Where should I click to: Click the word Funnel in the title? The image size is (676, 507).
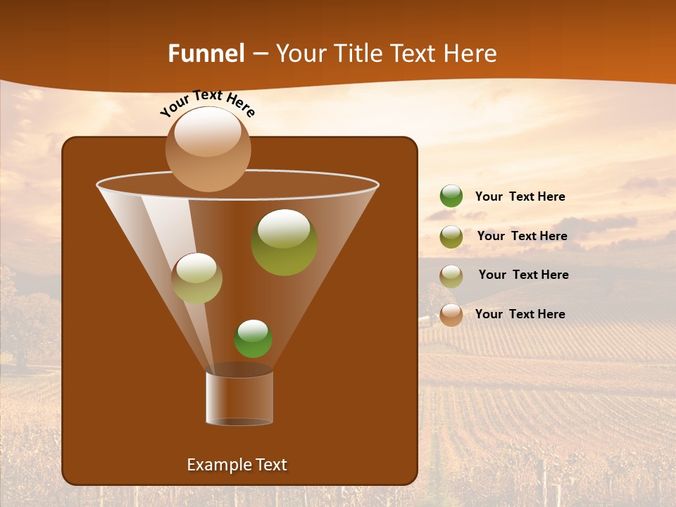206,54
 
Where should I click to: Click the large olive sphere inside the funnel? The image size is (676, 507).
284,242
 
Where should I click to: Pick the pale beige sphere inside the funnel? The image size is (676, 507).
196,278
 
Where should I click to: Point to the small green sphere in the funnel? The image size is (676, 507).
253,339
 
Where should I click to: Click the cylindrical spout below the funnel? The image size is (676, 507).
239,399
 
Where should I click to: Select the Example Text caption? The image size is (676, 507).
237,465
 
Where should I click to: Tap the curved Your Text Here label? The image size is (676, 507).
207,103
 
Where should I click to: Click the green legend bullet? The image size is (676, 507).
451,196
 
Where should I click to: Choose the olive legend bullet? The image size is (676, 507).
451,237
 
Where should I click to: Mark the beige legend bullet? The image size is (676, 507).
451,276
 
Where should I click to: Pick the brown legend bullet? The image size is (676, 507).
451,315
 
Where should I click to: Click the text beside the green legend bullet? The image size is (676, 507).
520,196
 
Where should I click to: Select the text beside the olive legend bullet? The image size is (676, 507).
522,236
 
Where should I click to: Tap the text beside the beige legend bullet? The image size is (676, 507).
523,275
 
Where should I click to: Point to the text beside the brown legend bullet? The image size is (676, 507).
520,314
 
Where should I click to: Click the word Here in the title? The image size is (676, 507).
470,54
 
